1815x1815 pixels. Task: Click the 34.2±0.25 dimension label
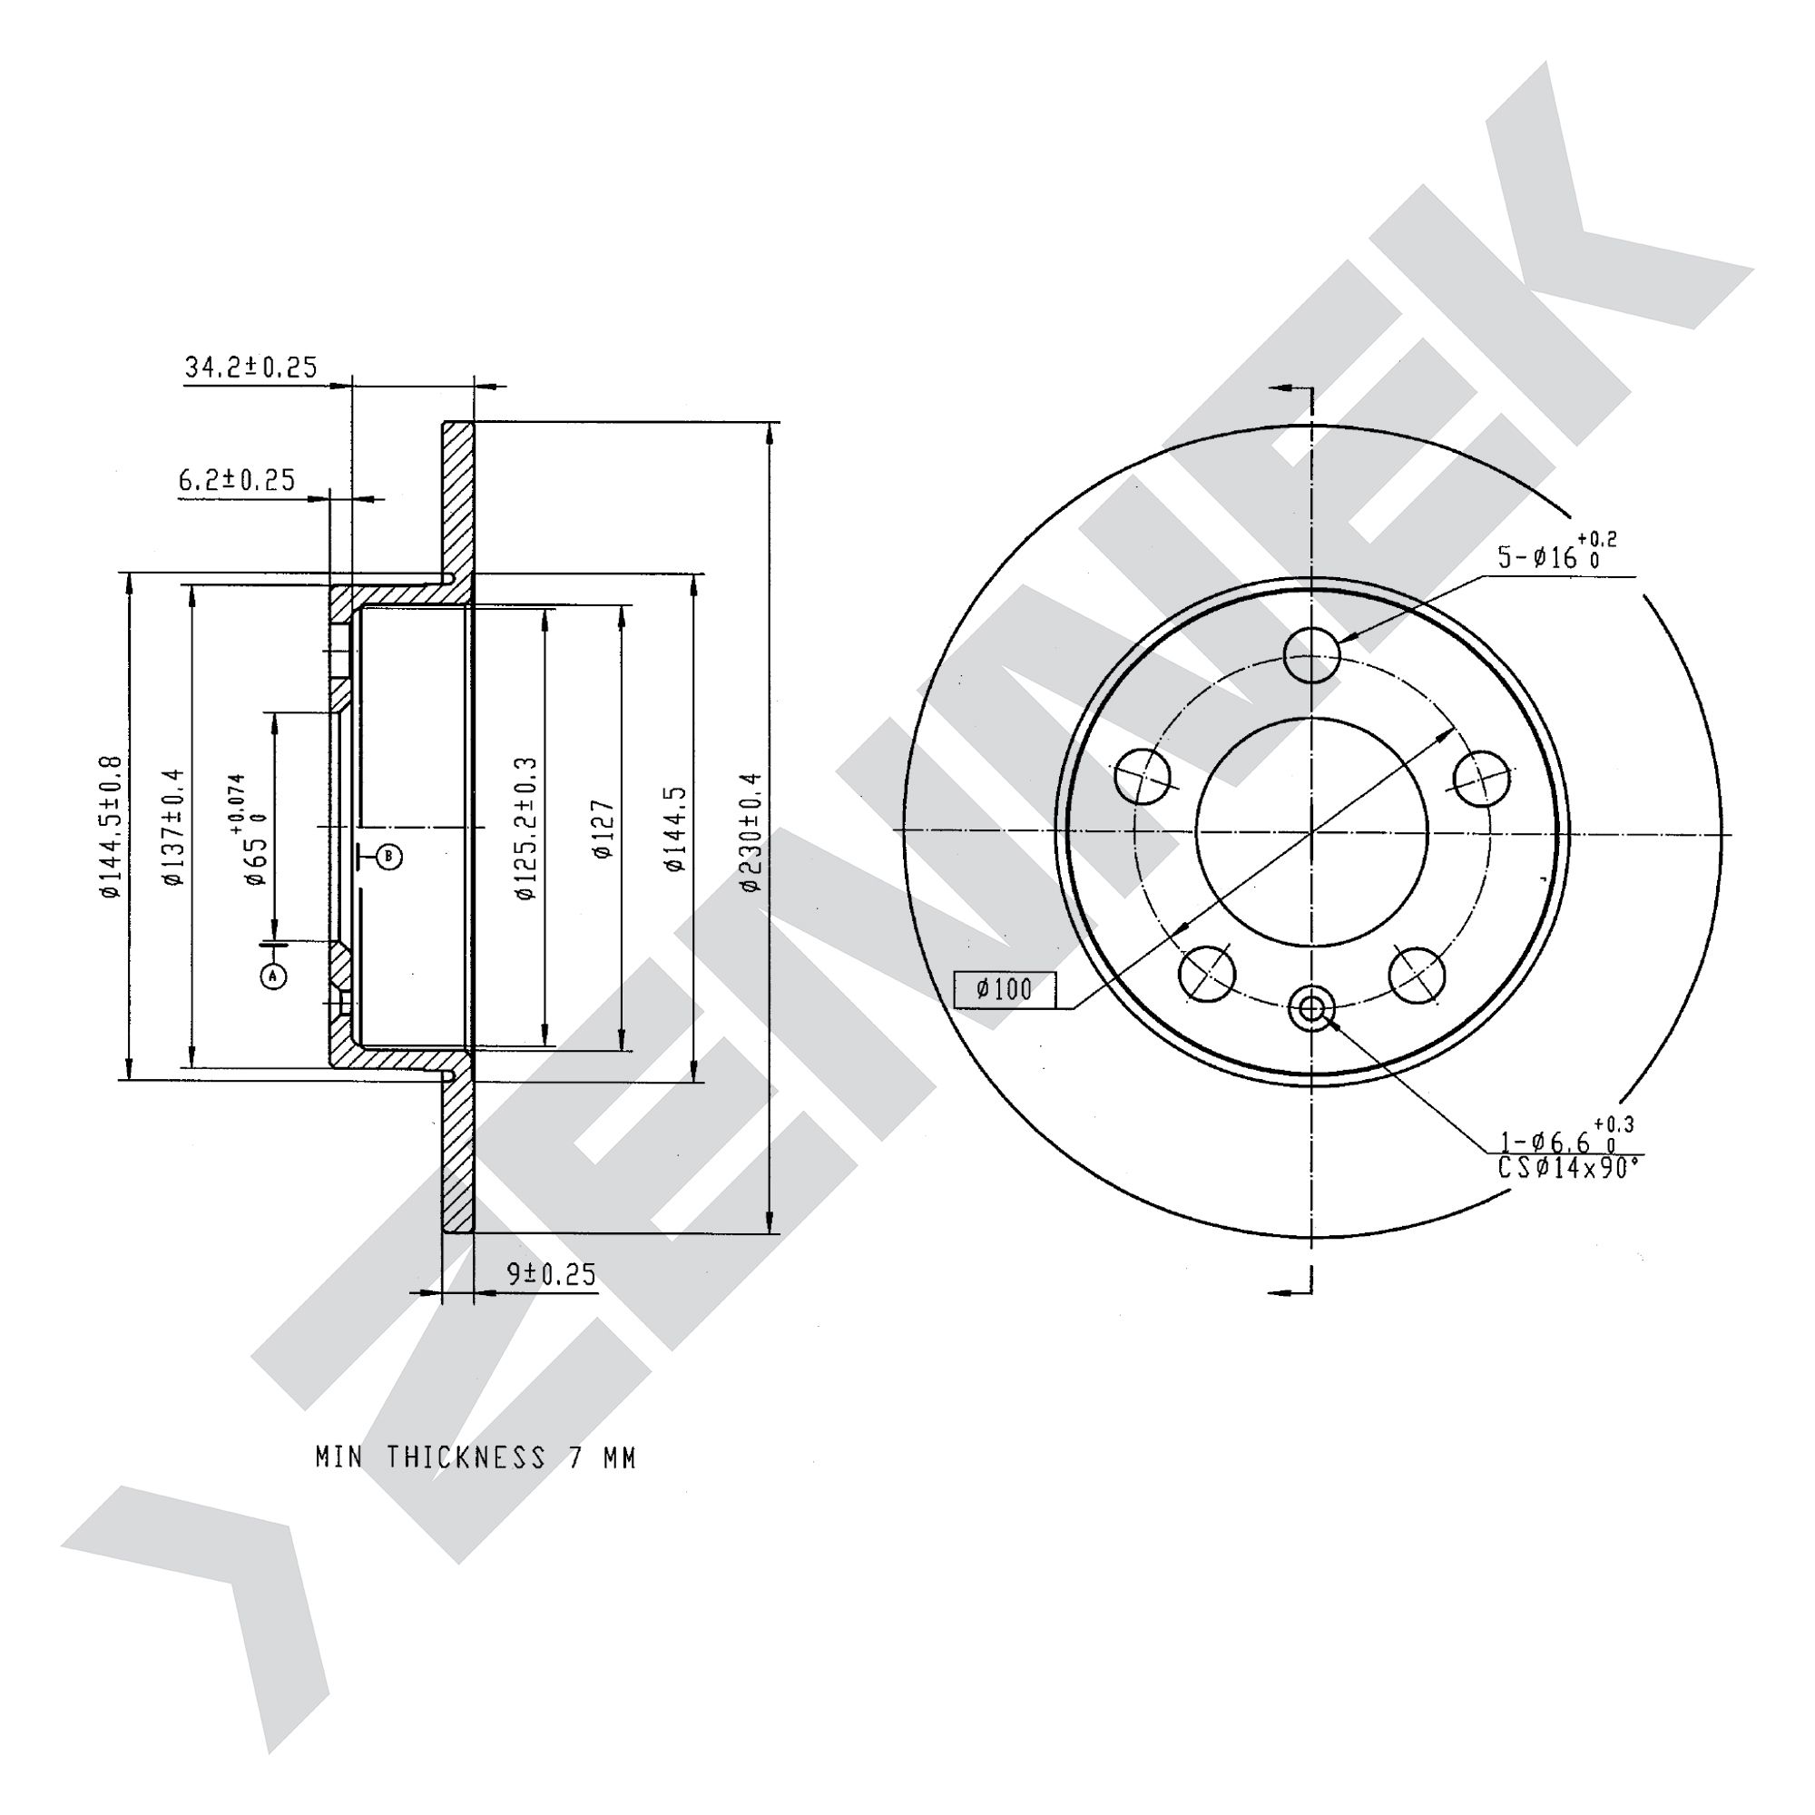[x=250, y=367]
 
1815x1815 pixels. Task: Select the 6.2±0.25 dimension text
[x=237, y=480]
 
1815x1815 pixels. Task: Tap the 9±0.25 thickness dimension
[x=552, y=1274]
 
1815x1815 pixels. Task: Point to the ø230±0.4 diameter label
[x=751, y=831]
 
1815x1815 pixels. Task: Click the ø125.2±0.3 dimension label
[x=526, y=829]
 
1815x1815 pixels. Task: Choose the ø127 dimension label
[x=603, y=829]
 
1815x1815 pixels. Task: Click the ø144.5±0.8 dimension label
[x=111, y=827]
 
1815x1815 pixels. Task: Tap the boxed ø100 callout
[x=1005, y=989]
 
